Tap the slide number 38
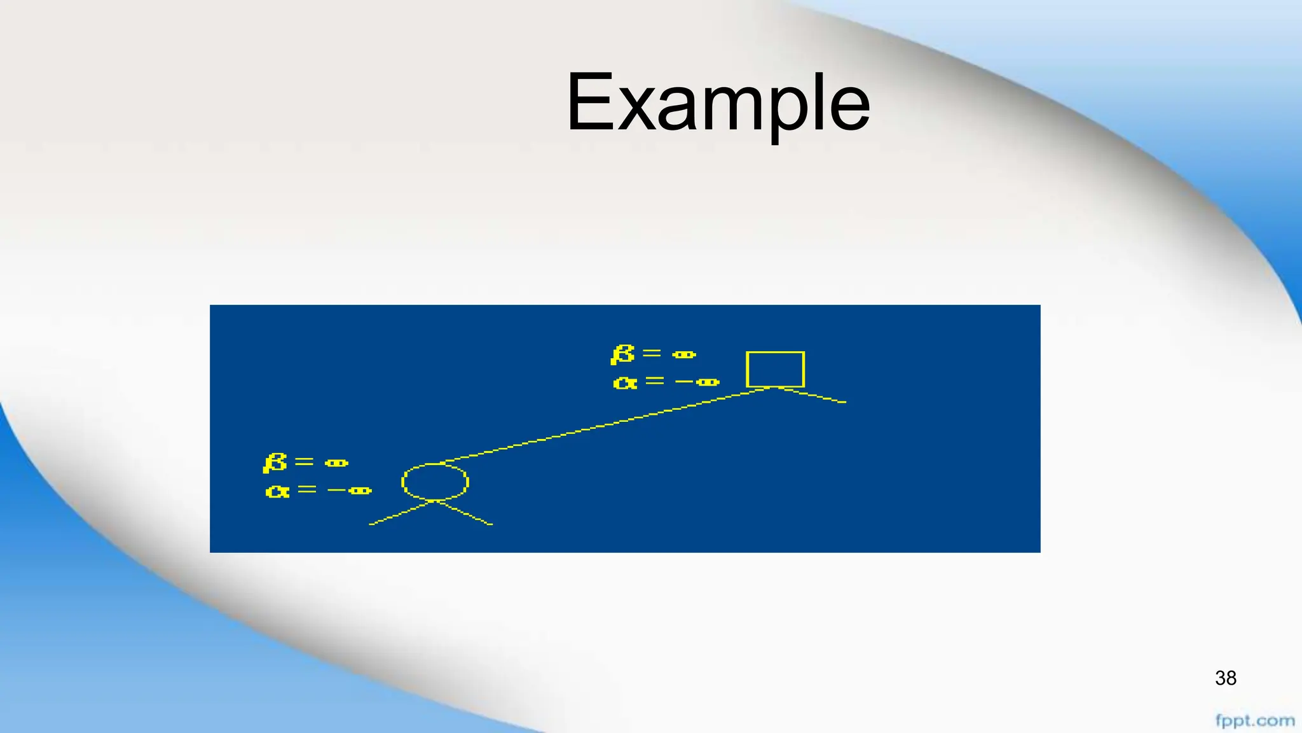[1225, 678]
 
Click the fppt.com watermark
[1254, 721]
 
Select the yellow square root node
[775, 369]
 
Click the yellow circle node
[435, 482]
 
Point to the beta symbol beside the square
[622, 354]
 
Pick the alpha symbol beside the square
[625, 382]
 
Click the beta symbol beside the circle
[275, 463]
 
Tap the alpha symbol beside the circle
[277, 491]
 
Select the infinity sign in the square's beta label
[684, 354]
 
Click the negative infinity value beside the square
[698, 382]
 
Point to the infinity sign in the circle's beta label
[336, 463]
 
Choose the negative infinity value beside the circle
[350, 491]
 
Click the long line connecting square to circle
[604, 425]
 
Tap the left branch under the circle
[401, 513]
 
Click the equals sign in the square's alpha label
[654, 380]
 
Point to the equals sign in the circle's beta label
[304, 461]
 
